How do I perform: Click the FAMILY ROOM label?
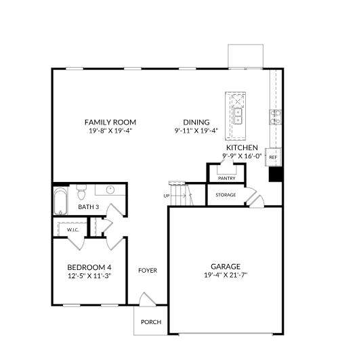110,122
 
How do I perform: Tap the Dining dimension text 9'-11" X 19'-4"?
196,131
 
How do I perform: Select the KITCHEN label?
242,148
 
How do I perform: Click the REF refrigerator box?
273,157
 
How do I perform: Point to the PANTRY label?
227,178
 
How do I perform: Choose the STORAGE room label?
226,195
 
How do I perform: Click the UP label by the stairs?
167,196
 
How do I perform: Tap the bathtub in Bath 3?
60,201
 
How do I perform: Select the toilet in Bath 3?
81,192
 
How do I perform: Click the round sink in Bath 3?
110,189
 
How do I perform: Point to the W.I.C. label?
73,229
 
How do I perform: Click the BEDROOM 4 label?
89,267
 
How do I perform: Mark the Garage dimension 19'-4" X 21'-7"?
226,275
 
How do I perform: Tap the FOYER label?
148,271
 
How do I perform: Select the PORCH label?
151,322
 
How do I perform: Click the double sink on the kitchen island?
238,116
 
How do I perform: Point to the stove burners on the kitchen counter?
276,117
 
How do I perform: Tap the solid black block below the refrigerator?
276,174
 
